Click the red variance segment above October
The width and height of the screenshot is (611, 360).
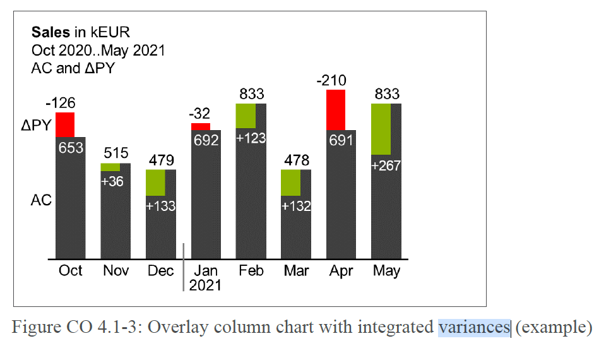[x=65, y=124]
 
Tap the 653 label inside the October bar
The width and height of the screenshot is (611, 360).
[x=70, y=147]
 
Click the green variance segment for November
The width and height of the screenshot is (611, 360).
[x=110, y=167]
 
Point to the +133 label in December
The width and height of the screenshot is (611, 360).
[x=161, y=206]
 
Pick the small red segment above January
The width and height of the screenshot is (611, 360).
[x=201, y=127]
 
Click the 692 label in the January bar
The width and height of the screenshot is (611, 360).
[x=206, y=140]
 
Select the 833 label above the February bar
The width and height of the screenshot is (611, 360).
[x=251, y=94]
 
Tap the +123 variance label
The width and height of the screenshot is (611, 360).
[x=251, y=138]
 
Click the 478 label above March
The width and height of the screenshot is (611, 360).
[x=296, y=160]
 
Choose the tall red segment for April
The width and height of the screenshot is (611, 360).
[x=336, y=110]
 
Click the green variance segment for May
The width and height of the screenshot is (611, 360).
[x=381, y=129]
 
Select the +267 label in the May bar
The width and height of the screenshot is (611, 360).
[x=386, y=166]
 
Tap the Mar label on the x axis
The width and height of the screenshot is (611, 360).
[x=296, y=271]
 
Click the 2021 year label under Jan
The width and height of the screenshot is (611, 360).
[x=206, y=285]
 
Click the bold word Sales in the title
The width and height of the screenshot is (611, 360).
[x=50, y=33]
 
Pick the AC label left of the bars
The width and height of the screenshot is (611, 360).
[x=41, y=200]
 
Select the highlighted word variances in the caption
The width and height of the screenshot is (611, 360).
[x=474, y=327]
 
